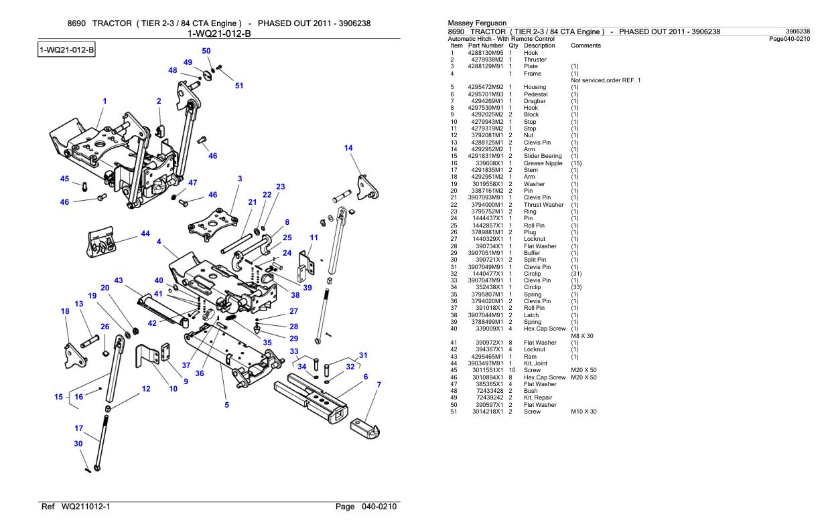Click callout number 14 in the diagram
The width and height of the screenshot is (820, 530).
click(348, 148)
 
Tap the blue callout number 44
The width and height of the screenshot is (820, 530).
click(145, 234)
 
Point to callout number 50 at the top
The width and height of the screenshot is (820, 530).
click(206, 51)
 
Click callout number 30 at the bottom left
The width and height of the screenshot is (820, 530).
click(78, 444)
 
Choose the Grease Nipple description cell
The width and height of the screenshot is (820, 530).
click(543, 163)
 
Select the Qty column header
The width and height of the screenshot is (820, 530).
click(513, 46)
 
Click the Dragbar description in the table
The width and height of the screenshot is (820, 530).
click(535, 101)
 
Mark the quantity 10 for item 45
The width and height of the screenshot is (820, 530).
click(510, 370)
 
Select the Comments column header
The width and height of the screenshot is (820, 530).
click(585, 46)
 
